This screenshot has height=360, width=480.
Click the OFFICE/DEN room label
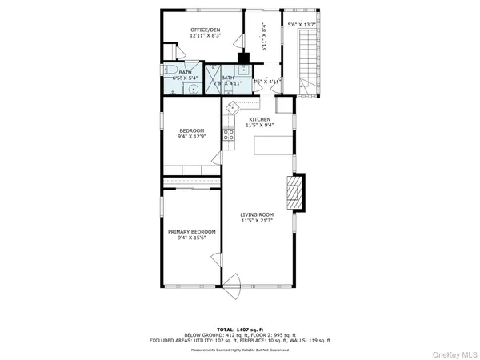(205, 30)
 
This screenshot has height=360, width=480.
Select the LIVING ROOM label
(258, 214)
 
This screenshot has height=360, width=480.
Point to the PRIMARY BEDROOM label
(191, 231)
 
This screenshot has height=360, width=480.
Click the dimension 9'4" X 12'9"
(191, 137)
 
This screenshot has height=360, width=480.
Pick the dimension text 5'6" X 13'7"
(302, 25)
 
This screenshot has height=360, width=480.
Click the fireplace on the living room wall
(295, 192)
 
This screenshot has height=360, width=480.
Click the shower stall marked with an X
(214, 80)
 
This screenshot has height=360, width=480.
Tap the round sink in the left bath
(193, 89)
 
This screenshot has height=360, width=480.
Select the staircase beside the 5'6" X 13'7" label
(306, 60)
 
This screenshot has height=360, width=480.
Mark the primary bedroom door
(214, 264)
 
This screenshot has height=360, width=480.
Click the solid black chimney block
(243, 58)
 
